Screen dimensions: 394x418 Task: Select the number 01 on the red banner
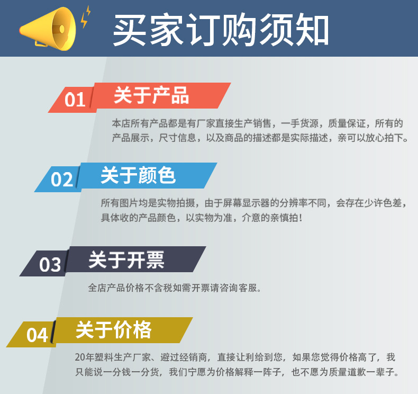[x=75, y=99]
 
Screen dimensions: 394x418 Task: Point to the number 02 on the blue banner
[x=61, y=179]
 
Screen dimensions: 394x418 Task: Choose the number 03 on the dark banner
[x=50, y=264]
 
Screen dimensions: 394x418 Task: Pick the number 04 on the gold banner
[x=37, y=335]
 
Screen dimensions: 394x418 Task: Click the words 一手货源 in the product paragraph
[x=299, y=123]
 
